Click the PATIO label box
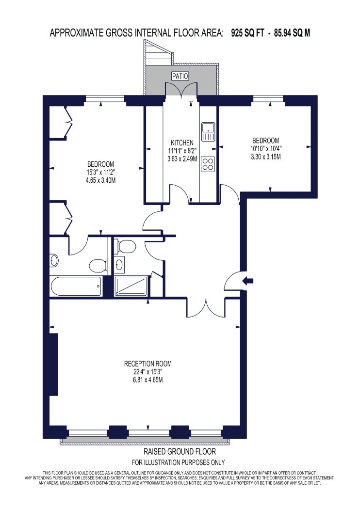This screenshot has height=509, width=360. (180, 76)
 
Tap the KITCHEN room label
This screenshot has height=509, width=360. (182, 143)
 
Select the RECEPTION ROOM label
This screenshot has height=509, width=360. (148, 364)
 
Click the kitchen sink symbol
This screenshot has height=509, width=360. (208, 132)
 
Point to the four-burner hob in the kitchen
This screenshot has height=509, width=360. (208, 164)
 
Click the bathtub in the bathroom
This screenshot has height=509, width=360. (76, 286)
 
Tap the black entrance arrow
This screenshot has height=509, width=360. (248, 281)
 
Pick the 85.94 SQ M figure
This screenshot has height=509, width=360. (292, 33)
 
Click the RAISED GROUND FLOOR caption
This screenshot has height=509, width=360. (180, 451)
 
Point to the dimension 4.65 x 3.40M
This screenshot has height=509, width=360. (101, 180)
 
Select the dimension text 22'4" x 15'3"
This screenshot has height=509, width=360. (148, 372)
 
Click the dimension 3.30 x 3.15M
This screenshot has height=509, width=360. (266, 157)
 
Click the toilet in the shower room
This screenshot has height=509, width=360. (127, 246)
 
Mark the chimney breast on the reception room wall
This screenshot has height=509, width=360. (53, 364)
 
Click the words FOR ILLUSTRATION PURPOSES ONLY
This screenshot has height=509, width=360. (179, 462)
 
